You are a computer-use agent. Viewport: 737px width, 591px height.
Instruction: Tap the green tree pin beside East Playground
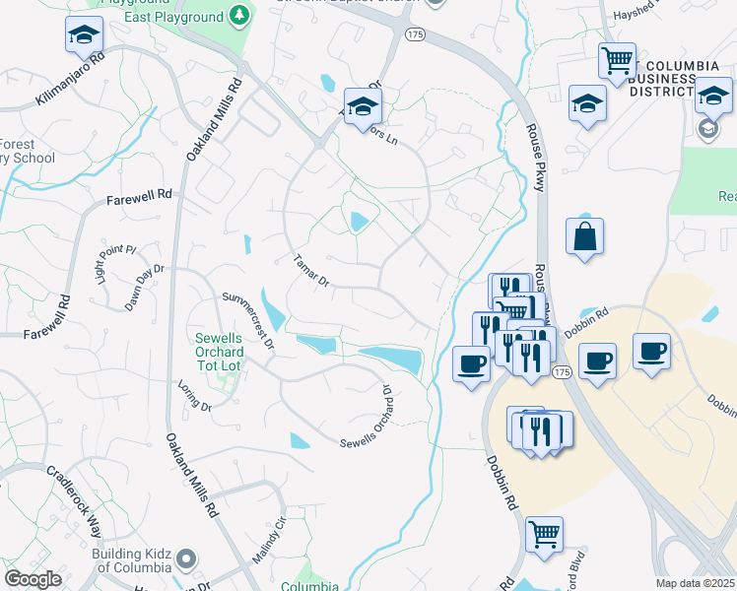click(x=238, y=17)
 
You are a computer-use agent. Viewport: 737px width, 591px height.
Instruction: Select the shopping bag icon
click(x=584, y=236)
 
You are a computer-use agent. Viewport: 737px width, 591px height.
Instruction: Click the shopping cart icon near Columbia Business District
click(x=617, y=61)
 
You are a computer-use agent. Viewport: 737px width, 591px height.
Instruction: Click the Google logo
click(x=33, y=579)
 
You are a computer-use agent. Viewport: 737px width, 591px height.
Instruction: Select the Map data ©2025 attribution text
click(x=696, y=583)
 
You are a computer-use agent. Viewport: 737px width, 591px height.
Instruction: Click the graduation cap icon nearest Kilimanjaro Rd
click(x=84, y=35)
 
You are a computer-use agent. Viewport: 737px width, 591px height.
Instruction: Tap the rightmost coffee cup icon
click(x=652, y=352)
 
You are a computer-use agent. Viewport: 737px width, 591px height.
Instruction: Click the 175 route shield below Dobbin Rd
click(x=562, y=371)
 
